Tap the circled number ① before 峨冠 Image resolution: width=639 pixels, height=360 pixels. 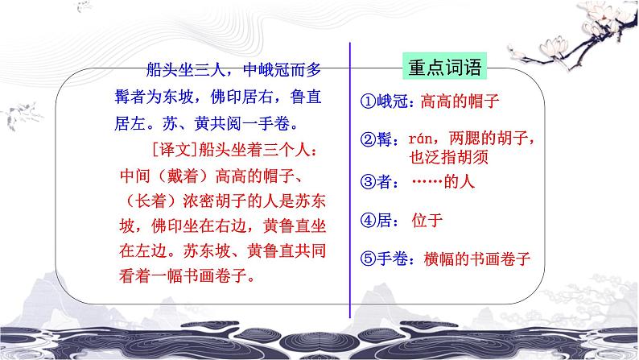(367, 102)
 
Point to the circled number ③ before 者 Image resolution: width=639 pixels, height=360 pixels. (367, 182)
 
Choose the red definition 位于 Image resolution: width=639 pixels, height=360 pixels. (427, 218)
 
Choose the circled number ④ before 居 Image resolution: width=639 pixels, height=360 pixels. (367, 219)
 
